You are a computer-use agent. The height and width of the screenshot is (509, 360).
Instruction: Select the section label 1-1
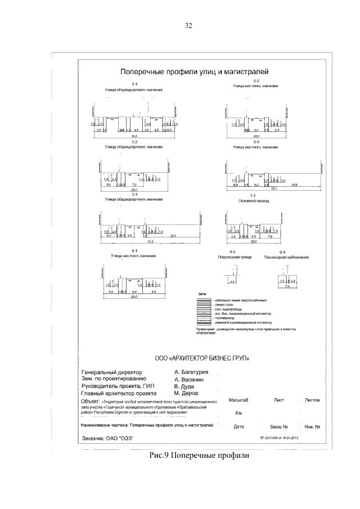[134, 84]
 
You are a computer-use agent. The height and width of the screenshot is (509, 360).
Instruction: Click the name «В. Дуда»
[184, 386]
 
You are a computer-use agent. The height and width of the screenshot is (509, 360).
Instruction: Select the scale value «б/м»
[238, 412]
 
